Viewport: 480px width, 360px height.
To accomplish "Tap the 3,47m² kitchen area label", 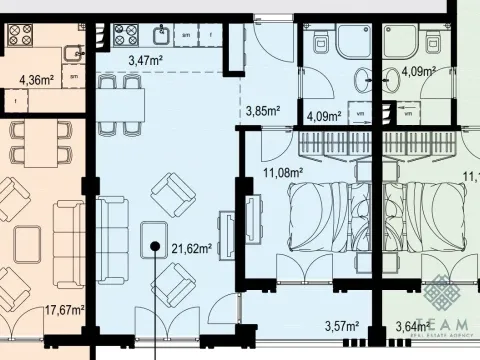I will click(x=146, y=62).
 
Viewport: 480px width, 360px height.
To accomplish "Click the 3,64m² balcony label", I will click(x=413, y=325).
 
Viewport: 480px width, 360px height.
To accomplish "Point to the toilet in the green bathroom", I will click(x=432, y=40).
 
